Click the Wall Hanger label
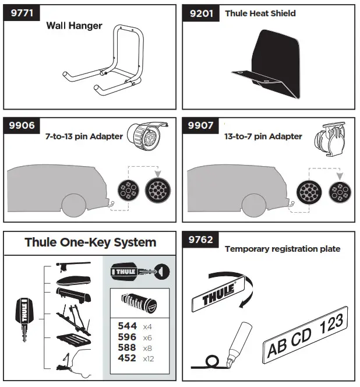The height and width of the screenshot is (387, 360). [x=74, y=26]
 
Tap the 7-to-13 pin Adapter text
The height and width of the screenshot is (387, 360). [x=84, y=136]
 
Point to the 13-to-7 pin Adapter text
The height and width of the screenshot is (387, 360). [x=264, y=136]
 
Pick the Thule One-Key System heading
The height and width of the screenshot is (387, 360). [x=90, y=242]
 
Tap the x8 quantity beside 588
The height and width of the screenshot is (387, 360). [x=148, y=348]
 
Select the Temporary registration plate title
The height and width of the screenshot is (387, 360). [x=283, y=249]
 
